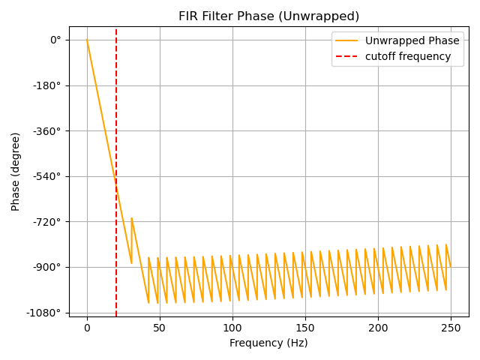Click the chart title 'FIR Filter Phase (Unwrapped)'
268,16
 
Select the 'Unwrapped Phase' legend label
409,41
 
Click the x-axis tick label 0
87,328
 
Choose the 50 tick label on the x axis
160,328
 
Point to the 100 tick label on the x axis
232,328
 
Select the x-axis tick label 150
305,328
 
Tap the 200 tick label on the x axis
378,328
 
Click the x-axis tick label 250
451,328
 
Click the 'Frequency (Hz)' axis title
268,343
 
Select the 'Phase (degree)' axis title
16,172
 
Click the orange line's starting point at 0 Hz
87,40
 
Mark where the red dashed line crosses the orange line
116,184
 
